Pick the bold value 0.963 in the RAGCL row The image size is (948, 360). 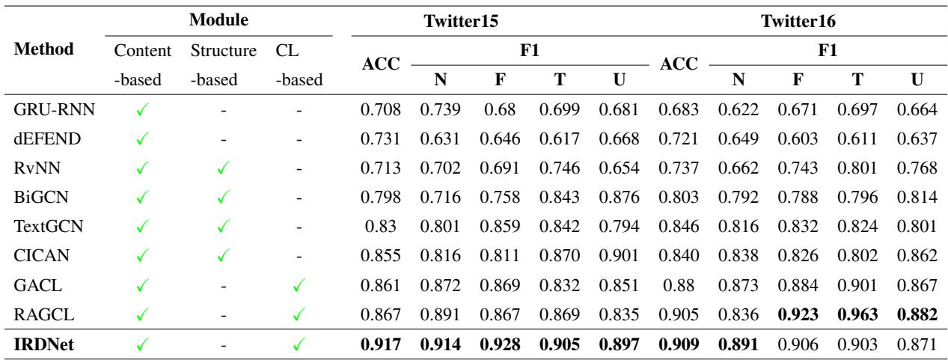[x=853, y=313]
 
